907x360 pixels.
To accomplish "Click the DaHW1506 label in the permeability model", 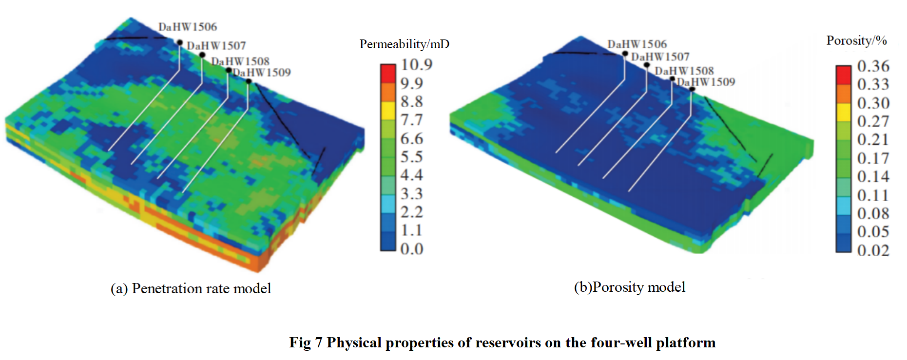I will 188,27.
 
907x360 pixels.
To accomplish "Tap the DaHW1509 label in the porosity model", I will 706,82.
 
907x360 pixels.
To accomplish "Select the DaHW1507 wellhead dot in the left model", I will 202,55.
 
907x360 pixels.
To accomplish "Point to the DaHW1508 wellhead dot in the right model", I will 672,78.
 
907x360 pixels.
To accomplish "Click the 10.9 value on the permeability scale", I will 417,65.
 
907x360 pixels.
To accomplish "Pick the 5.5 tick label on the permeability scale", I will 412,157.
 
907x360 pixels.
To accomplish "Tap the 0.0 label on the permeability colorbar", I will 412,249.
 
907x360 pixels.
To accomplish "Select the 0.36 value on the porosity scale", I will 873,66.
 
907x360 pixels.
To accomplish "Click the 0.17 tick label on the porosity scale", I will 873,158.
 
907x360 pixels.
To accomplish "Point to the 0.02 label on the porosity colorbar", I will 873,250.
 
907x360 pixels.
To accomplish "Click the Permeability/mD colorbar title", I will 404,44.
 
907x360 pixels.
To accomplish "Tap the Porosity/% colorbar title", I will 856,40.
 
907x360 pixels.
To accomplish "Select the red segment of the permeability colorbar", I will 388,74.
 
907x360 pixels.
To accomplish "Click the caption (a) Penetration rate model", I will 191,288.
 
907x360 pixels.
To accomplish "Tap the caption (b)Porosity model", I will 630,287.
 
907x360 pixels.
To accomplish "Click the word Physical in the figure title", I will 354,342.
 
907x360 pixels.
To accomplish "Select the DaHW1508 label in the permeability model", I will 240,61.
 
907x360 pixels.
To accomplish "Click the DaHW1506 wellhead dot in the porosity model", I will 625,54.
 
